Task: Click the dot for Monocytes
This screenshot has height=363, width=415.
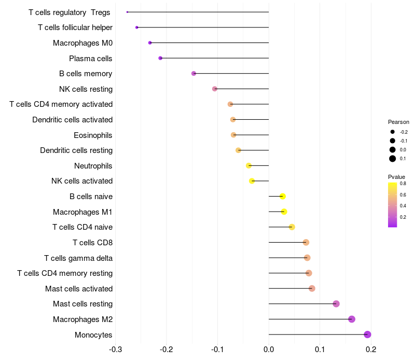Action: (x=368, y=334)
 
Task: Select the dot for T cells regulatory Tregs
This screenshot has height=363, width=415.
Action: (x=127, y=12)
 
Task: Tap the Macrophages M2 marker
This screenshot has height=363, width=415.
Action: (x=352, y=319)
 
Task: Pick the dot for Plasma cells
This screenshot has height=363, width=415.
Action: (x=160, y=58)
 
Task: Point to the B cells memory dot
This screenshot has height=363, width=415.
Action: (x=193, y=74)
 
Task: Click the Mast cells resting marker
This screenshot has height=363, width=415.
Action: (x=336, y=304)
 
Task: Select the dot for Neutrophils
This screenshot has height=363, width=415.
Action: (x=248, y=165)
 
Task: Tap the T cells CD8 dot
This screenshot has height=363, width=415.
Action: (x=306, y=242)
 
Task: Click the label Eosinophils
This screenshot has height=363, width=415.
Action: (x=93, y=135)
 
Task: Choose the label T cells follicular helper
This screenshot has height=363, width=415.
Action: (x=75, y=27)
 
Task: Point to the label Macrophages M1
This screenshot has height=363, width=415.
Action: (x=82, y=212)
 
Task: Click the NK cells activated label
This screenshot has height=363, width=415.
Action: (x=82, y=181)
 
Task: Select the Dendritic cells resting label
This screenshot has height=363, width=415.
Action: (x=76, y=150)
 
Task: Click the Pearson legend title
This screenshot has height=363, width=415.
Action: (x=398, y=122)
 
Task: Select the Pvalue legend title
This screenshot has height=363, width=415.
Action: (x=397, y=177)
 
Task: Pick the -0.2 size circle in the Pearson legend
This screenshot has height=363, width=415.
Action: (x=393, y=132)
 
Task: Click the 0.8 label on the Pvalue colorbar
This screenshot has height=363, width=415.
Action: (x=403, y=183)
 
